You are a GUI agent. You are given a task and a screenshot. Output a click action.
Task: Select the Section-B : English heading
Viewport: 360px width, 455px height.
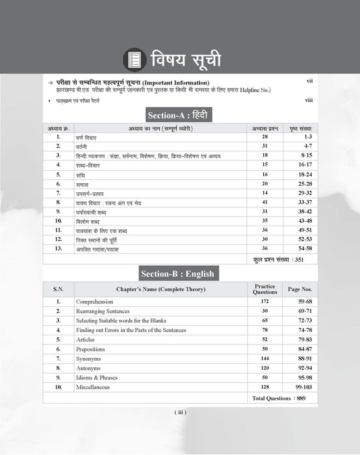181,273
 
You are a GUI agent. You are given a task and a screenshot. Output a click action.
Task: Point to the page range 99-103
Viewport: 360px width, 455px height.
300,387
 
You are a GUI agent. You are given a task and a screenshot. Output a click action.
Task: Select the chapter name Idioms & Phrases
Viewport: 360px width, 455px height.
97,378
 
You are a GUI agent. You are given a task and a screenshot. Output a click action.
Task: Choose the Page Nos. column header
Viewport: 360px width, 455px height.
300,289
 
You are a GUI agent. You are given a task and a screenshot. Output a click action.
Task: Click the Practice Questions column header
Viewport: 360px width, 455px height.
264,289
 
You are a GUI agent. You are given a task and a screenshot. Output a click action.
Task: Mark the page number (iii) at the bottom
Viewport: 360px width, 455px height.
181,412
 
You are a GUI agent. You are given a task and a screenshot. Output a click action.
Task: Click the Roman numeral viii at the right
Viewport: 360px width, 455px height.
309,100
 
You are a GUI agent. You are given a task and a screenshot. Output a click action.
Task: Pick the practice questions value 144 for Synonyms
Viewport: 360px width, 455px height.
264,359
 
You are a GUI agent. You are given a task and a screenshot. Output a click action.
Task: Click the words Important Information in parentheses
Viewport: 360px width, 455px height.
174,83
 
